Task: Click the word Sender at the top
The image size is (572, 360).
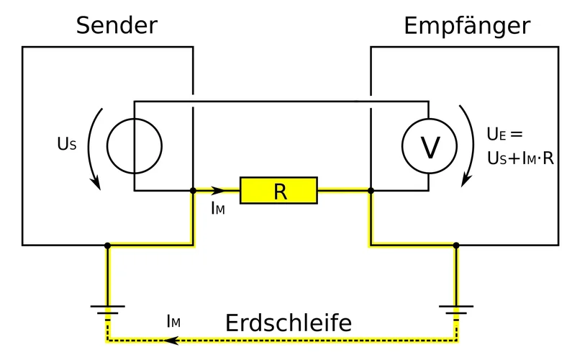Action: point(117,26)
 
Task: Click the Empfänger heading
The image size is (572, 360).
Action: point(467,26)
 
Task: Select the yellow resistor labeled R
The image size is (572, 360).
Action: point(278,191)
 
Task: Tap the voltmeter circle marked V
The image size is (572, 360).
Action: point(429,147)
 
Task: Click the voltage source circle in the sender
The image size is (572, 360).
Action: point(134,146)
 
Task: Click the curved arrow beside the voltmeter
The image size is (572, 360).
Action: point(468,144)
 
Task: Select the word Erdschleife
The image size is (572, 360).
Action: point(289,323)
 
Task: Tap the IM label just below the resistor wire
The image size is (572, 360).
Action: point(218,210)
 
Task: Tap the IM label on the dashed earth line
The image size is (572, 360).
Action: point(173,322)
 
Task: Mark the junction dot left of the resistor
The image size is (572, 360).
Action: point(193,191)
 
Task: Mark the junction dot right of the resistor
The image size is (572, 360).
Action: point(371,191)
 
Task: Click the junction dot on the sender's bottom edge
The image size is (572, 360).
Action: point(107,246)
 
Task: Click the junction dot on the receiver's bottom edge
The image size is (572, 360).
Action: point(456,246)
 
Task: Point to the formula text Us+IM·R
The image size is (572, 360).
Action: point(520,158)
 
